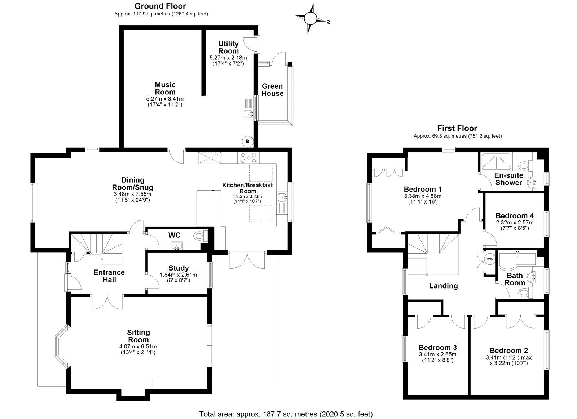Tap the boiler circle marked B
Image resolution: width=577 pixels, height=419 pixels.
pyautogui.click(x=247, y=142)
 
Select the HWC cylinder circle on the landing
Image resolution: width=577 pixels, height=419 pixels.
pyautogui.click(x=489, y=259)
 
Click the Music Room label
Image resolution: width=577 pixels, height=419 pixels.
pyautogui.click(x=165, y=88)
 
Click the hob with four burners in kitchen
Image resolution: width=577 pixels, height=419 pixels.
pyautogui.click(x=248, y=158)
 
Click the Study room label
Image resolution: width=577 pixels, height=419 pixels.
pyautogui.click(x=179, y=268)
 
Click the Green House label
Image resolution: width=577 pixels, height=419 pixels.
pyautogui.click(x=272, y=90)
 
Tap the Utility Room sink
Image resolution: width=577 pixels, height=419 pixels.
pyautogui.click(x=248, y=114)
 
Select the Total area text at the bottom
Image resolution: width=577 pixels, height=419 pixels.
pyautogui.click(x=286, y=414)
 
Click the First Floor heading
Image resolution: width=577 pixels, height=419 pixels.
pyautogui.click(x=457, y=128)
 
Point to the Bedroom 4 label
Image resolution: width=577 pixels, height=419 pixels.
pyautogui.click(x=514, y=216)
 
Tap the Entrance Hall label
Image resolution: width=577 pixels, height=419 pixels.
pyautogui.click(x=109, y=276)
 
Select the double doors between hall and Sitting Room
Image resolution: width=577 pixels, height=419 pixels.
pyautogui.click(x=108, y=302)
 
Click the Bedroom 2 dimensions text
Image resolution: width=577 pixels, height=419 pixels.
pyautogui.click(x=508, y=360)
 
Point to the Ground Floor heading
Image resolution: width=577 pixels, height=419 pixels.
pyautogui.click(x=160, y=6)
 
